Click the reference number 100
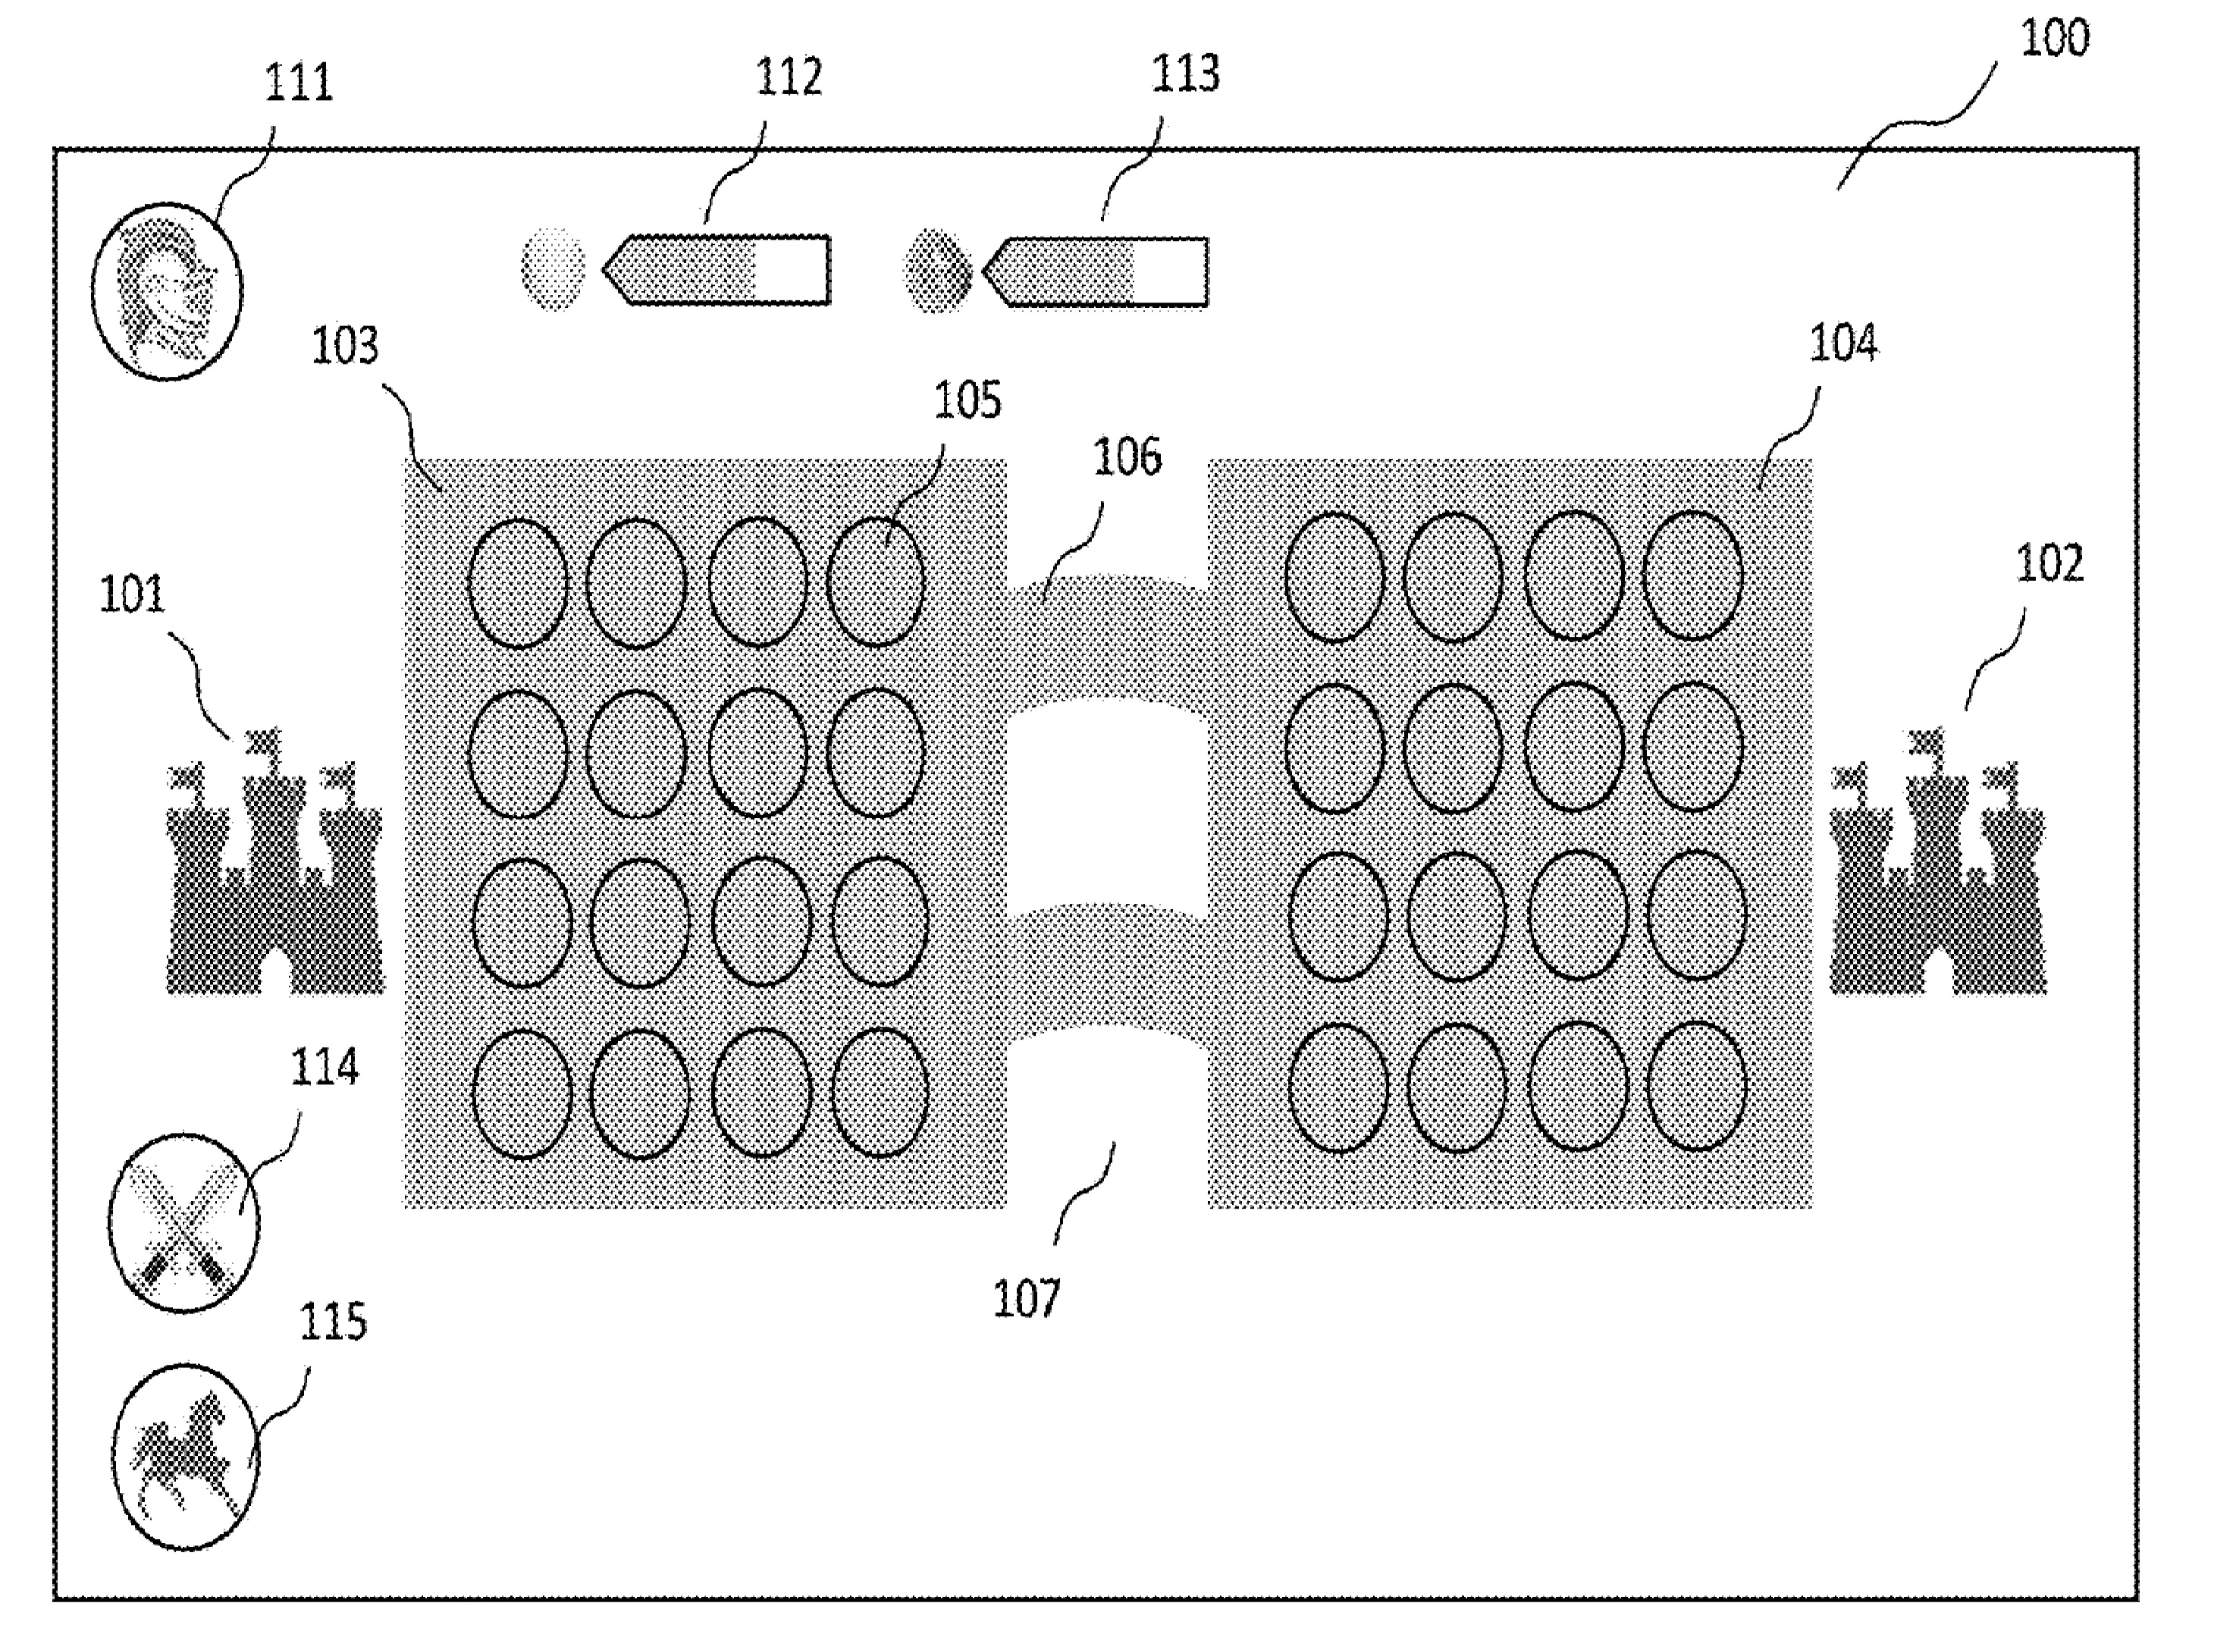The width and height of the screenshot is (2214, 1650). pos(2053,39)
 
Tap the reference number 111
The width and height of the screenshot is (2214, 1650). pos(297,82)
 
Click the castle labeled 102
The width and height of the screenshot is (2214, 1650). pos(1936,869)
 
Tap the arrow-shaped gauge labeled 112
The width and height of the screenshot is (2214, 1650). pos(718,270)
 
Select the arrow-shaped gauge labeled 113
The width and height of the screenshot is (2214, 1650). pos(1097,271)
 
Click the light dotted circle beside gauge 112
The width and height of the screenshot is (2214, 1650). pos(553,268)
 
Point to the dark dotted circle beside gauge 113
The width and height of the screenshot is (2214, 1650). pos(936,270)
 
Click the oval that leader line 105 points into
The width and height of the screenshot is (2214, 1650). pos(876,582)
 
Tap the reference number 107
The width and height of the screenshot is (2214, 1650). pos(1027,1298)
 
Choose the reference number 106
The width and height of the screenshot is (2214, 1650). pos(1127,457)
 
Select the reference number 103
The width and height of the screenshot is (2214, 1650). pos(344,347)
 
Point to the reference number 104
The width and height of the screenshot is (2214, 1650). pos(1842,343)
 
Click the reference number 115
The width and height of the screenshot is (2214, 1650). pos(333,1322)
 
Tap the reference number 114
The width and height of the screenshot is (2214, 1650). pos(324,1068)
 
